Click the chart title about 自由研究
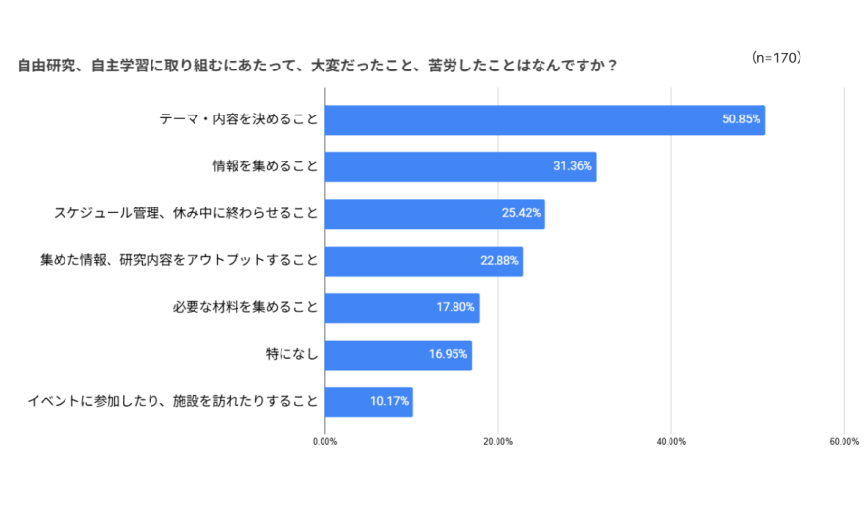(x=317, y=67)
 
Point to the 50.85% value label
(x=742, y=120)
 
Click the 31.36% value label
(x=573, y=166)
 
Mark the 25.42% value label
(x=522, y=213)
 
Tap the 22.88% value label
(x=499, y=260)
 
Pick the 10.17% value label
(x=390, y=401)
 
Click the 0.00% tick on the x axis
(x=324, y=442)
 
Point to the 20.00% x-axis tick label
(x=497, y=442)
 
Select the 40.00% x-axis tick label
(x=670, y=442)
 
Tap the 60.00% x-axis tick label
(x=843, y=442)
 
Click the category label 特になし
(x=291, y=354)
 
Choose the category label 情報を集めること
(x=265, y=166)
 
